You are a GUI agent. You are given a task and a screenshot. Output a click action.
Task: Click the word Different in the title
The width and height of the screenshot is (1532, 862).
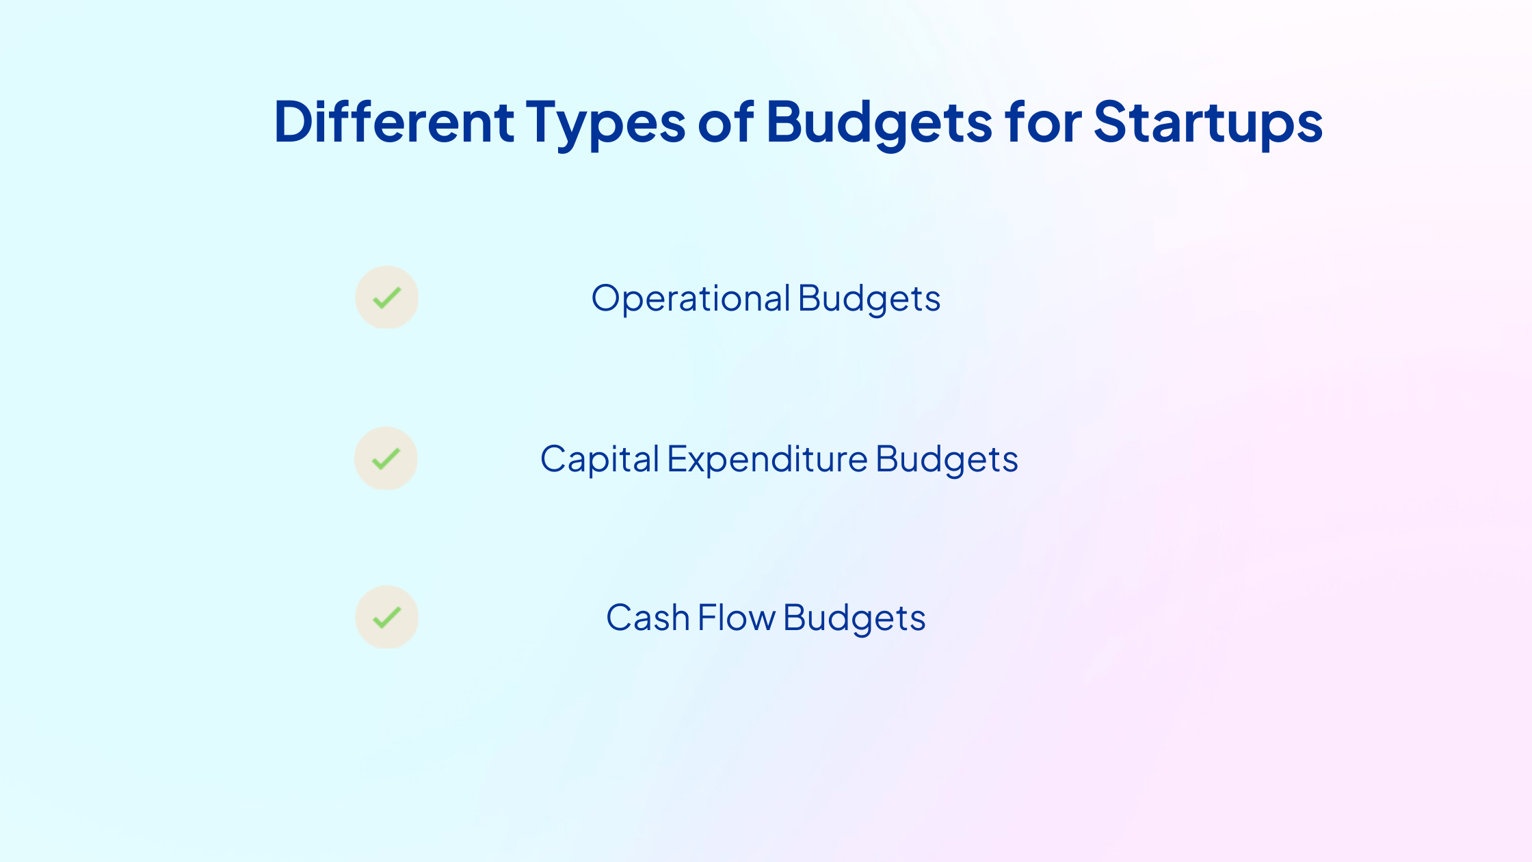[394, 122]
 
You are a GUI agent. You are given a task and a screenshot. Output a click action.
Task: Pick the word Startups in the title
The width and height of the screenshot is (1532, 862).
[1209, 125]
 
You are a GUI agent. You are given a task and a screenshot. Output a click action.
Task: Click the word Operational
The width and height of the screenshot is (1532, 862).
[691, 300]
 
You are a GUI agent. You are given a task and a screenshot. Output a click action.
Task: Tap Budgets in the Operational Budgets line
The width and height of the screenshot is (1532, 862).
[869, 300]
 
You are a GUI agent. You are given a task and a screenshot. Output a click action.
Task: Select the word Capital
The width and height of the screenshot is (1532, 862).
[600, 460]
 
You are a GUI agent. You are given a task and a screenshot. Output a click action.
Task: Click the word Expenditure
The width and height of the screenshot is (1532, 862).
[767, 460]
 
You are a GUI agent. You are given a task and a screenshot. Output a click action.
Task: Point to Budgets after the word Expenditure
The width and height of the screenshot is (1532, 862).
[947, 460]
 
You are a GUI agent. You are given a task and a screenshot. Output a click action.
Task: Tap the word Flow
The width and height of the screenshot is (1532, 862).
[737, 618]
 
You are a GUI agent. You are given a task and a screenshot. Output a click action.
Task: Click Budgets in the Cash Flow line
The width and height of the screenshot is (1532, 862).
[855, 619]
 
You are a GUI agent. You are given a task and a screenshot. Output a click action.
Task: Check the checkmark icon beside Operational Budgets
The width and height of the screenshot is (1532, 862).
[386, 297]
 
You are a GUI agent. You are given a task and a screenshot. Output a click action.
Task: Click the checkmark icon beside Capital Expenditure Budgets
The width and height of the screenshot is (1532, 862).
[386, 458]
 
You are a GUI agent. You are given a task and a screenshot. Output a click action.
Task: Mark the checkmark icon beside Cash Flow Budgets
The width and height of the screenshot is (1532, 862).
[386, 617]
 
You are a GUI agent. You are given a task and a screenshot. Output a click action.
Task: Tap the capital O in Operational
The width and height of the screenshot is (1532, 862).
[608, 299]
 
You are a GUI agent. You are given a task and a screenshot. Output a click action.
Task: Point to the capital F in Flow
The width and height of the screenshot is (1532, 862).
[708, 618]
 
